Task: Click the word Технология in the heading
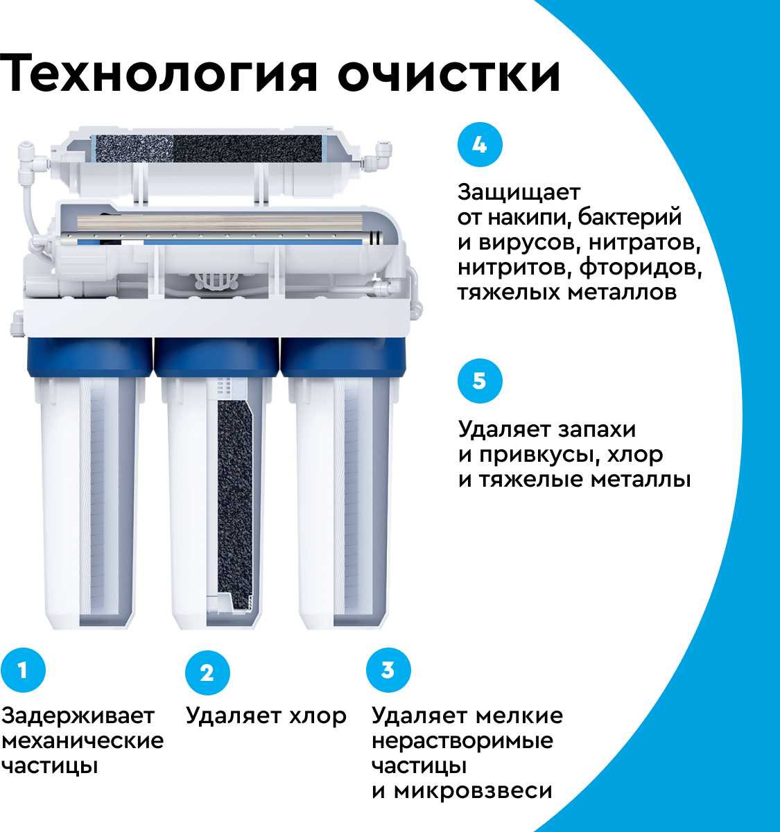click(157, 73)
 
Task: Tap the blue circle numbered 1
click(23, 670)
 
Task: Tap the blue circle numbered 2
click(207, 673)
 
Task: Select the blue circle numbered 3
click(388, 670)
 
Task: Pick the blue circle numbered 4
click(480, 144)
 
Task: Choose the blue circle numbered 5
click(480, 381)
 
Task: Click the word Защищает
click(519, 193)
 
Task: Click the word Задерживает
click(78, 716)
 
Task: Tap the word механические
click(83, 741)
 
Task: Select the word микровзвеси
click(473, 791)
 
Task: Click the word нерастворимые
click(462, 741)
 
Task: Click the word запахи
click(596, 429)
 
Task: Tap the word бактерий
click(630, 217)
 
